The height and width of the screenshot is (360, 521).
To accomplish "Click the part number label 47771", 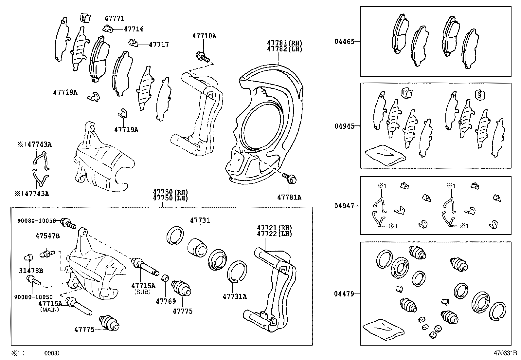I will point(114,19).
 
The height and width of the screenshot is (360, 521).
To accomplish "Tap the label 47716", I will point(134,29).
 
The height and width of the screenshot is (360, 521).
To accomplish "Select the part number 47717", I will point(159,45).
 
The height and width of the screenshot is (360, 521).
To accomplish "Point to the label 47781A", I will point(289,197).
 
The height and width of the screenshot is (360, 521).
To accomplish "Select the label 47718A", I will point(65,93).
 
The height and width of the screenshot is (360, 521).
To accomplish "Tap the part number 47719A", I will point(126,130).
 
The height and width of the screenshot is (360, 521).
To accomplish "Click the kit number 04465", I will point(344,42).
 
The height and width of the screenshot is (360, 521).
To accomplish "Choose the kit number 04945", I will point(344,126).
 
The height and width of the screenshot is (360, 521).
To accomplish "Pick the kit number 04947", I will point(344,206).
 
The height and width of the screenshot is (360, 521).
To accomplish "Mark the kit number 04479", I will point(344,294).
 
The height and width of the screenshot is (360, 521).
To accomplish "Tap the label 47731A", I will point(235,297).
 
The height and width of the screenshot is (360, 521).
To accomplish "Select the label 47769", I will point(166,301).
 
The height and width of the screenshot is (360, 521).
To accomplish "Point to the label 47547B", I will point(47,236).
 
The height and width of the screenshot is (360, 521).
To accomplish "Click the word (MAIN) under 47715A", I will point(49,310).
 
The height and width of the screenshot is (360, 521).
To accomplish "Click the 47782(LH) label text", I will point(284,49).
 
